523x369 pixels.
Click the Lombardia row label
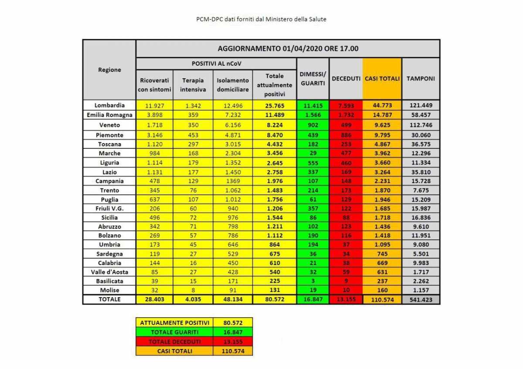109,105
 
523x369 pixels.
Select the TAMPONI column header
421,79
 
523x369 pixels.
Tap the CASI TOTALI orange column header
382,79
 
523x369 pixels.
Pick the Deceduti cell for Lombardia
346,105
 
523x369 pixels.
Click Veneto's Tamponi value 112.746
421,125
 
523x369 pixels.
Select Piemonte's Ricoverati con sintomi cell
154,135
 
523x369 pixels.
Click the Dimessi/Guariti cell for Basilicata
312,281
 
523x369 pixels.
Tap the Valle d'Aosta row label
109,272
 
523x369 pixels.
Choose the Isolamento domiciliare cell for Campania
233,181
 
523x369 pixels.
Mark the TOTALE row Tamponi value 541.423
421,299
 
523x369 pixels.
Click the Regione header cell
109,70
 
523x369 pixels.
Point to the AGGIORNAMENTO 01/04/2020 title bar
288,48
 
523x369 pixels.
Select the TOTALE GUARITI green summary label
174,332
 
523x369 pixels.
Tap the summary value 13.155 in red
233,342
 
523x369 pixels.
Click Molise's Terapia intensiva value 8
193,290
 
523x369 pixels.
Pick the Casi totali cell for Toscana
382,144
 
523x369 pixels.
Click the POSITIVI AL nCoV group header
216,64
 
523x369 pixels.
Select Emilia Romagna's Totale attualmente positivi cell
274,115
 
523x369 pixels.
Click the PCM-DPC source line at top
261,20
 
